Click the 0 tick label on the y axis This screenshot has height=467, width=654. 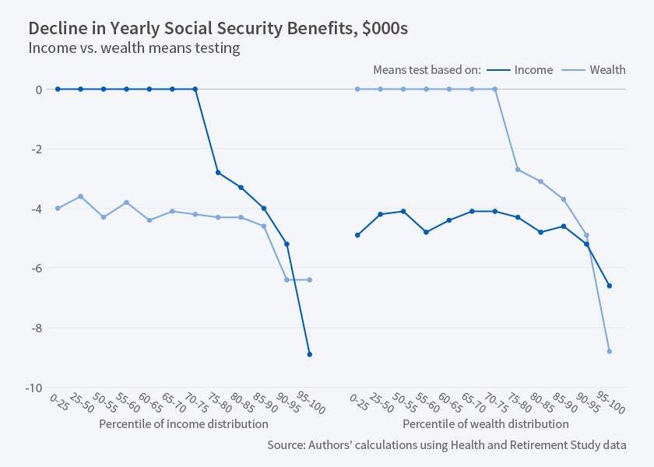click(x=38, y=90)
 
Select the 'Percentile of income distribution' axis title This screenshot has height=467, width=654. click(x=184, y=424)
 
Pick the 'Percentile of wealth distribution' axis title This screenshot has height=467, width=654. click(x=486, y=424)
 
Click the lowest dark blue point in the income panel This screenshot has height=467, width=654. click(x=310, y=354)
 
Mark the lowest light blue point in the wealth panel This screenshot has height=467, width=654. click(x=610, y=351)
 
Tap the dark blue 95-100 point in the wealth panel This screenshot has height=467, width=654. click(x=610, y=286)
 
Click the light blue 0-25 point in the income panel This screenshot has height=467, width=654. click(x=58, y=208)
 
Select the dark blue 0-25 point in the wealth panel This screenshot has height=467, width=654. click(x=357, y=235)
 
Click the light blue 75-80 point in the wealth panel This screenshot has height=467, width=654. click(x=518, y=170)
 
